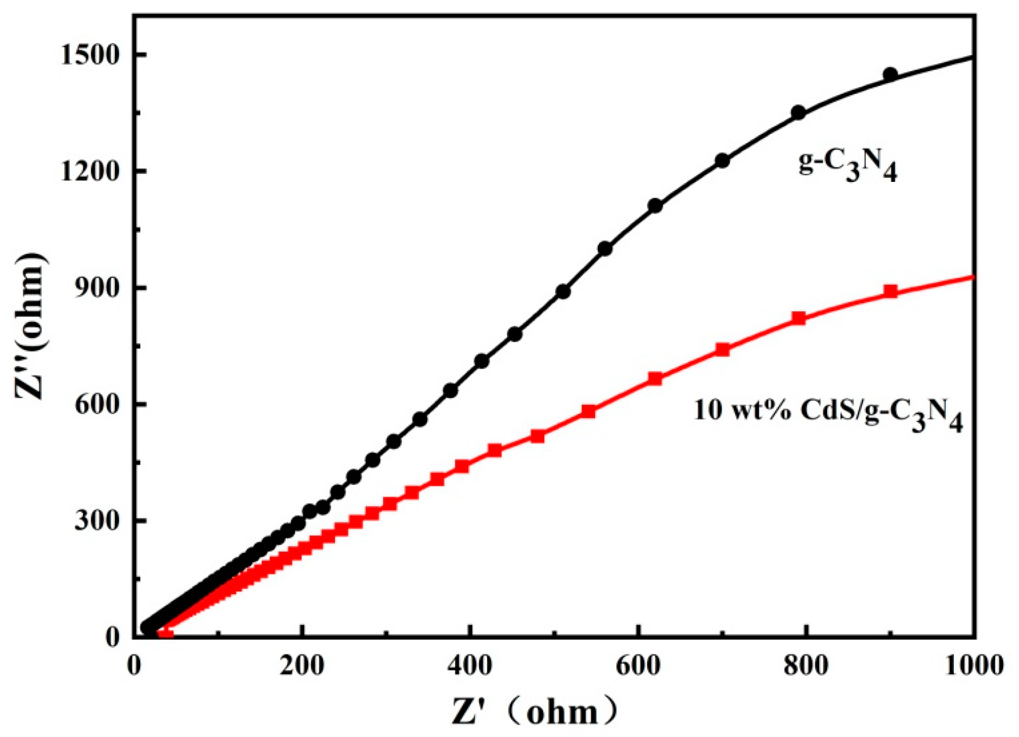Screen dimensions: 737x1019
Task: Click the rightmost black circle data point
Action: tap(890, 74)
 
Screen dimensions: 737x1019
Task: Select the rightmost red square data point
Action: tap(890, 291)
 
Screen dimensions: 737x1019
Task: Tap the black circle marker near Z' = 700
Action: tap(722, 161)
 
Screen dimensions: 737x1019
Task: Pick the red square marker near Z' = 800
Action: tap(798, 318)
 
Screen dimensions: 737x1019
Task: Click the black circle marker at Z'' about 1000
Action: tap(605, 249)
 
